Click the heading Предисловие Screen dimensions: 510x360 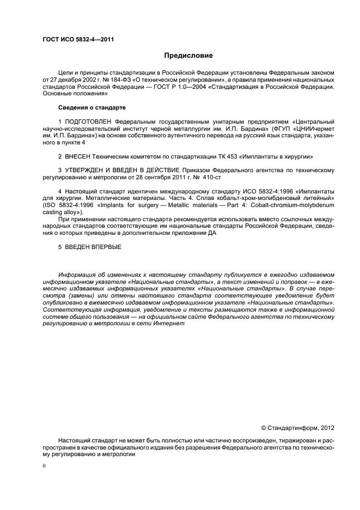click(188, 56)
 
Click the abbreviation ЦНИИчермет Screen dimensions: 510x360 click(314, 128)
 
